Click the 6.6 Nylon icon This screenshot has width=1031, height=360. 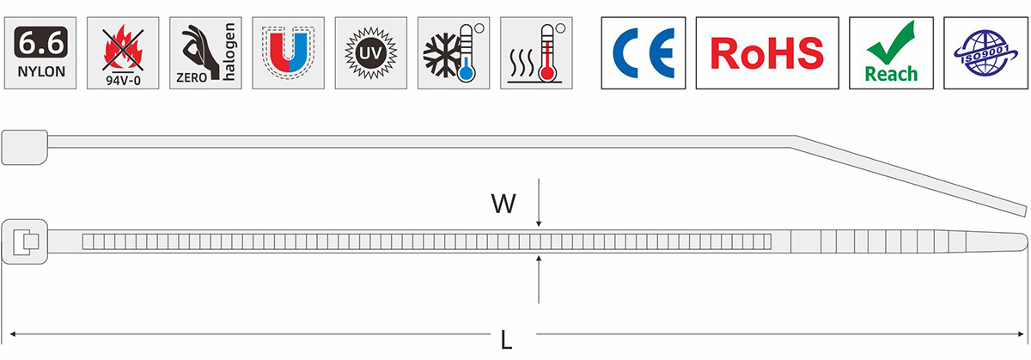point(40,53)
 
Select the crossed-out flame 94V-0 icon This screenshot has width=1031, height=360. point(123,53)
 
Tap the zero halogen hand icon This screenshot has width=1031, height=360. point(205,53)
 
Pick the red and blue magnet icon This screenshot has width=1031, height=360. point(288,53)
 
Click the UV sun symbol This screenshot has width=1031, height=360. point(371,53)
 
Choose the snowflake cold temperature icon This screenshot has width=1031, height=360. point(454,53)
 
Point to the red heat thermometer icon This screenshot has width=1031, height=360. point(536,53)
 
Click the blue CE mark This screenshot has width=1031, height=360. point(644,53)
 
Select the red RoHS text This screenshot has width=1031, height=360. point(767,53)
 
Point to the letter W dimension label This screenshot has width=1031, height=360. point(503,204)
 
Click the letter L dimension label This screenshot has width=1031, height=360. point(506,340)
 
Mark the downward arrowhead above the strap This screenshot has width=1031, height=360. point(539,223)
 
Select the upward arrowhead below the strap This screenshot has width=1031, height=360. point(539,259)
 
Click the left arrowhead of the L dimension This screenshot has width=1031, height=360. point(13,333)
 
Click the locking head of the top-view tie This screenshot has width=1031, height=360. point(25,241)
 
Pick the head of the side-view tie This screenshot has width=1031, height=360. point(24,147)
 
